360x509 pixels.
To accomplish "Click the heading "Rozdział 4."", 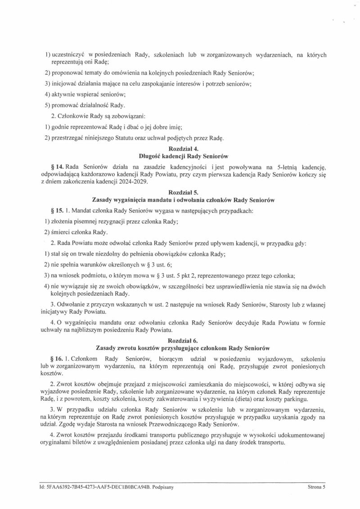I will (x=180, y=149).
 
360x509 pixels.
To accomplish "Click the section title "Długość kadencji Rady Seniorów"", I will (x=180, y=156).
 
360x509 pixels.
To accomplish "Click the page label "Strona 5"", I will (x=316, y=487).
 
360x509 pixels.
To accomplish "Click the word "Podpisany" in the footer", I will (x=164, y=487).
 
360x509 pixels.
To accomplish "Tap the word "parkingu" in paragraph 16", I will (x=295, y=399).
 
